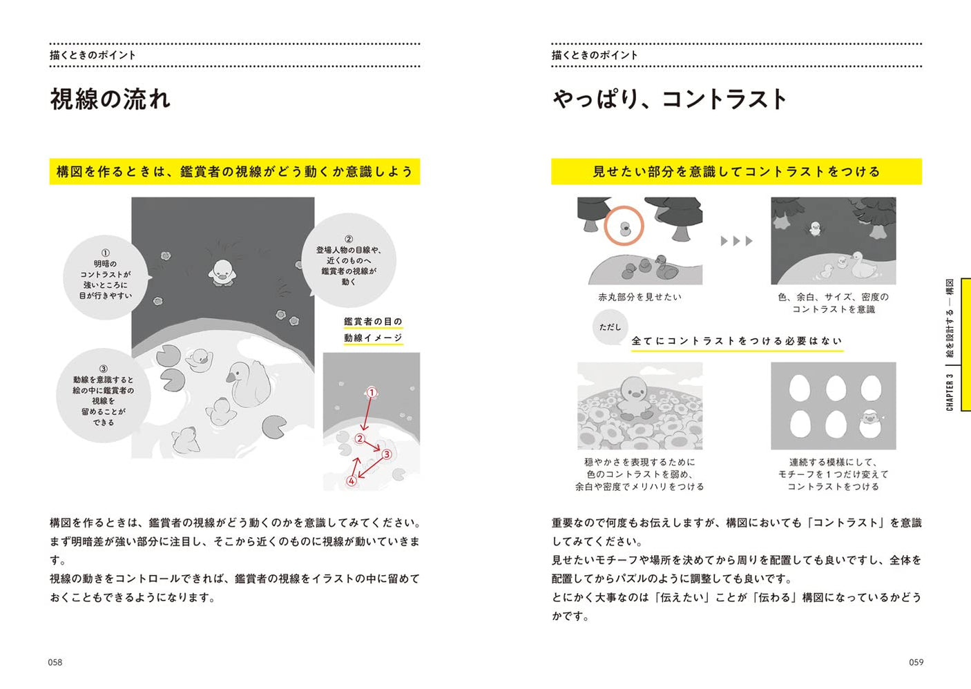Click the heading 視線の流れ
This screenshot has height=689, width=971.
(110, 99)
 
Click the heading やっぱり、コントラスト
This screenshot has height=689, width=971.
(669, 99)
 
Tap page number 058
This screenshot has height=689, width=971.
(55, 662)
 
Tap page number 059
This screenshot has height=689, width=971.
(916, 662)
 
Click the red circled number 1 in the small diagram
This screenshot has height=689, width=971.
(371, 393)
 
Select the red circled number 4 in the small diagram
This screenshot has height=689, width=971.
(352, 481)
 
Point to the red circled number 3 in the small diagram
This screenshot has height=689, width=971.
(387, 454)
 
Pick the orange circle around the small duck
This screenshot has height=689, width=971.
(624, 226)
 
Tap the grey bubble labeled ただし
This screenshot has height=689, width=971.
(610, 327)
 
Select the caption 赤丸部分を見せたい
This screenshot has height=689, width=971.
(640, 297)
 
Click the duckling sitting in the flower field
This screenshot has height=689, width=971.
(634, 399)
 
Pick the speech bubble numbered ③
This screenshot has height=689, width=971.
(104, 396)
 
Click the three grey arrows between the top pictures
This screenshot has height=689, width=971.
(736, 241)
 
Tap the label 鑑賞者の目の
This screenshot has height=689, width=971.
(373, 322)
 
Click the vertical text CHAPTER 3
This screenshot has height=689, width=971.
(950, 393)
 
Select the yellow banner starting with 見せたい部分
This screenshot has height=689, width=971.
(736, 172)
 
